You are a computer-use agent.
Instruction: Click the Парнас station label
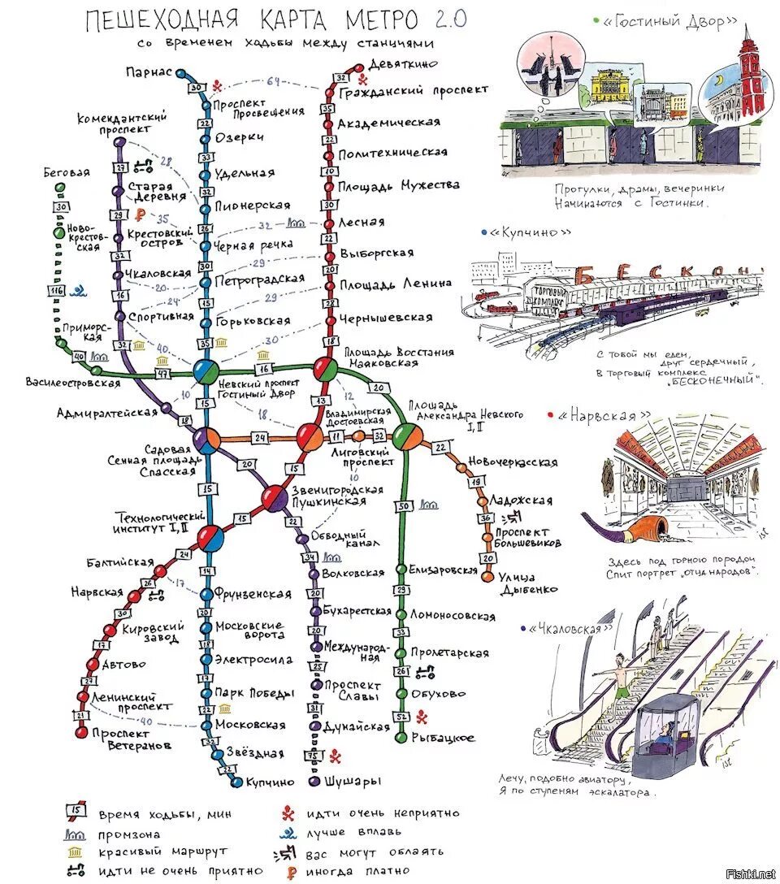149,72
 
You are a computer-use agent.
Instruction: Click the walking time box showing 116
57,292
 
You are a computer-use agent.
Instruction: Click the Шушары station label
352,782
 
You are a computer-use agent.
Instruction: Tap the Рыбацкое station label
442,738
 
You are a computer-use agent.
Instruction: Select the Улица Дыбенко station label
528,583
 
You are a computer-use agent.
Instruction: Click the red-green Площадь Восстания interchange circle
325,370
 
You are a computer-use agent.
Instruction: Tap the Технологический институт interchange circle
211,537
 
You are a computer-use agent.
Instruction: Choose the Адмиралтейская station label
106,413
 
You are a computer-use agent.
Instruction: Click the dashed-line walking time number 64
273,81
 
